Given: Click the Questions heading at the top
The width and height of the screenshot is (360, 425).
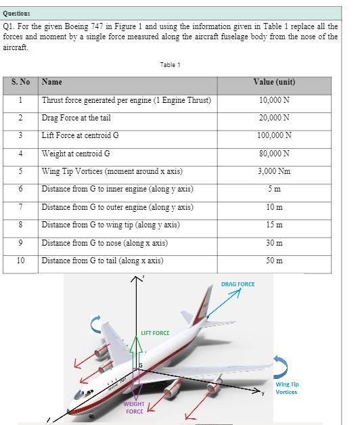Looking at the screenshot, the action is tap(17, 14).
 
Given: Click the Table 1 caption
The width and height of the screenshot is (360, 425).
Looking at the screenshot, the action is tap(170, 65).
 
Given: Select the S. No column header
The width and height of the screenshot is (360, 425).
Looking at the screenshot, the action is tap(20, 83).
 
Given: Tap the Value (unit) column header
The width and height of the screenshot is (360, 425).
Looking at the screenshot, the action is tap(274, 83).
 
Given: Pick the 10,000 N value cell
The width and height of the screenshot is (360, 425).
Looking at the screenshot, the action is tap(274, 100).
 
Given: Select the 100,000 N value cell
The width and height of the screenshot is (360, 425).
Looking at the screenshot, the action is tap(274, 135).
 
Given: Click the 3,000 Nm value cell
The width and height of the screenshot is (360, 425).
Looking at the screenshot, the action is tap(274, 171).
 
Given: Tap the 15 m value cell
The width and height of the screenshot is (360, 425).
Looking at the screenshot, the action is tap(274, 225).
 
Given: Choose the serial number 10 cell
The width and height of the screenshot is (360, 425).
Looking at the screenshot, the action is tap(20, 261).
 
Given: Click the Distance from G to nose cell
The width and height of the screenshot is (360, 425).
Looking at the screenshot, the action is tap(104, 242).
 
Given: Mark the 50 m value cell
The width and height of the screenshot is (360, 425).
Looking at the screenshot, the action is tap(274, 261).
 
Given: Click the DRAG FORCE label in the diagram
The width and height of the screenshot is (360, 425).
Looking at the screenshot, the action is tap(238, 284).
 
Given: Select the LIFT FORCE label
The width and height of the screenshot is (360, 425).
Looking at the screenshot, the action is tap(156, 332).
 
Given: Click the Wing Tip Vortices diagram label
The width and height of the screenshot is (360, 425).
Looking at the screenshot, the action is tap(287, 388).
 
